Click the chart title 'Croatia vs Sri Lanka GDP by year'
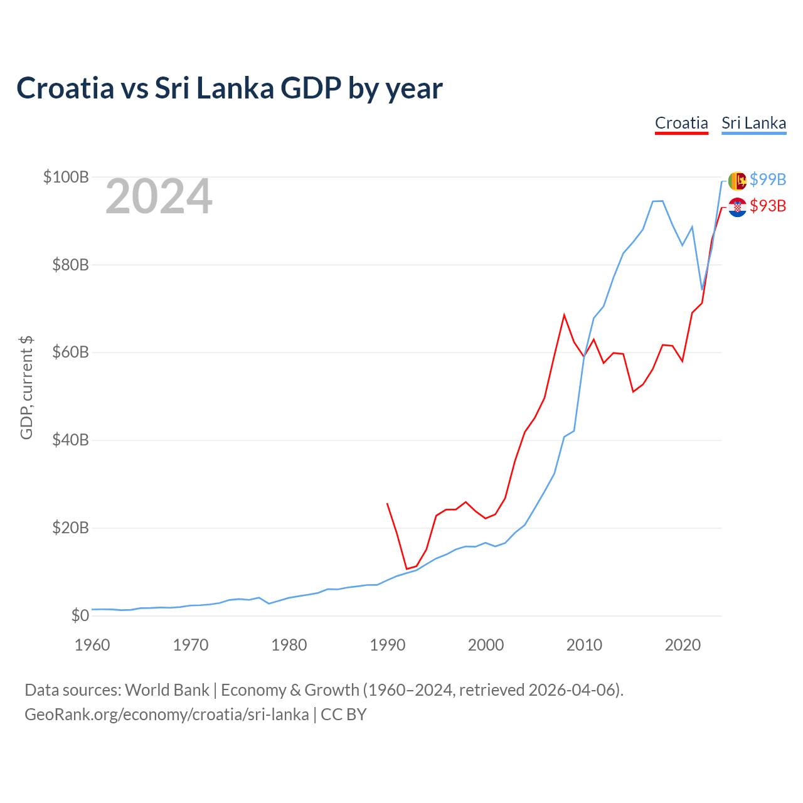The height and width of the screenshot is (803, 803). pyautogui.click(x=230, y=88)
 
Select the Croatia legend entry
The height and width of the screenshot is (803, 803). pyautogui.click(x=681, y=123)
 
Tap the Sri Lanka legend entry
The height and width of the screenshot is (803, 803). pyautogui.click(x=753, y=123)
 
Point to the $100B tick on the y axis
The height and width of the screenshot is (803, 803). pyautogui.click(x=66, y=177)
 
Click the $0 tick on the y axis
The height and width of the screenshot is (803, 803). pyautogui.click(x=80, y=615)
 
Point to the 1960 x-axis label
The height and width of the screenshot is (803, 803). pyautogui.click(x=92, y=645)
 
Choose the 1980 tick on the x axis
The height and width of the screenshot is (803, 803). pyautogui.click(x=289, y=645)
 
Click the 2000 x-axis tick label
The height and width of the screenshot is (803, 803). pyautogui.click(x=486, y=645)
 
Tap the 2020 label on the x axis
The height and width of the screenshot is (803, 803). pyautogui.click(x=683, y=645)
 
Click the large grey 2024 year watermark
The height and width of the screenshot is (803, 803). pyautogui.click(x=159, y=197)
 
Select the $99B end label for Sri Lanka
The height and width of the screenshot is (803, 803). pyautogui.click(x=768, y=179)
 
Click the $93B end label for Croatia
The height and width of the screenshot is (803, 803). pyautogui.click(x=768, y=206)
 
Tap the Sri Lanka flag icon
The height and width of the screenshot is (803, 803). pyautogui.click(x=737, y=180)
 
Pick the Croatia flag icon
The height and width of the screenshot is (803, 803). pyautogui.click(x=737, y=207)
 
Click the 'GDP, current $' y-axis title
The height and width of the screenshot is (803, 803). pyautogui.click(x=26, y=388)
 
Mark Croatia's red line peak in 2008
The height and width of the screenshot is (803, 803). pyautogui.click(x=564, y=314)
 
